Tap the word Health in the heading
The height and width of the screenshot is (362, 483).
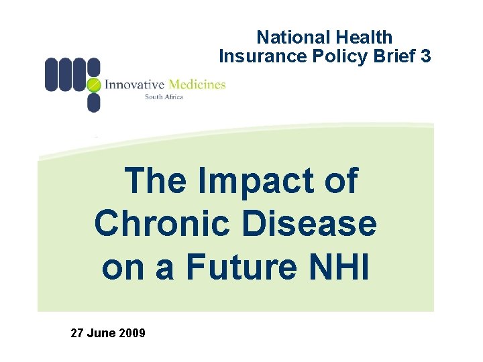click(362, 38)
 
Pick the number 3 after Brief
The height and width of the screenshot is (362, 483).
click(426, 56)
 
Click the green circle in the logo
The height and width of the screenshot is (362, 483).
click(94, 84)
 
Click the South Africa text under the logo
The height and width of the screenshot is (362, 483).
click(164, 97)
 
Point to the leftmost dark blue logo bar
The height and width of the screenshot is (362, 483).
click(52, 74)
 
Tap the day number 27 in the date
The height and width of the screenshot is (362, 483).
click(77, 333)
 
